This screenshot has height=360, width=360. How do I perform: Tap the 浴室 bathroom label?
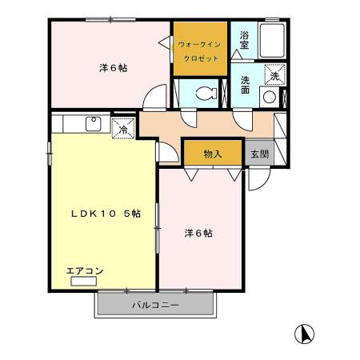pos(243,41)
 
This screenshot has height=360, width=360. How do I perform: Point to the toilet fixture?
pos(204,92)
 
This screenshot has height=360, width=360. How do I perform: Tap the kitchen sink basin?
pos(93,123)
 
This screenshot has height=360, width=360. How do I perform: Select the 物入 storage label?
pos(212,153)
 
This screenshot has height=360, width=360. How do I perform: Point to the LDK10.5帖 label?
pos(106,214)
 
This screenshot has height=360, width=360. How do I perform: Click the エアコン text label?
pos(84,271)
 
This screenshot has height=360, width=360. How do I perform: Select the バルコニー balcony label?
pos(155,306)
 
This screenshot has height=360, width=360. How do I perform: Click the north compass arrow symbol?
pos(305,333)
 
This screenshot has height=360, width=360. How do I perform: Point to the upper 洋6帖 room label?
pos(113,69)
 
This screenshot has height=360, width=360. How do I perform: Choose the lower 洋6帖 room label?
pos(198,234)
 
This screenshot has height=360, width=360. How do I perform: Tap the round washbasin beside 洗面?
pos(270,97)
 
